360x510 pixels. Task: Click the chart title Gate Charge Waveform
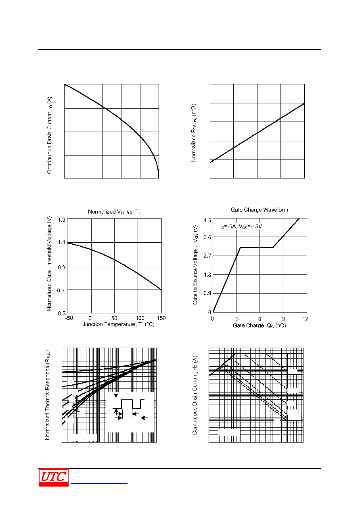click(259, 210)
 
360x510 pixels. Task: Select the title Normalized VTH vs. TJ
click(114, 212)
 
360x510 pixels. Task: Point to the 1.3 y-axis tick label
click(62, 220)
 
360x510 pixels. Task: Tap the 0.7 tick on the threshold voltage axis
click(61, 290)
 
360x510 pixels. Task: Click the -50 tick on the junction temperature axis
click(69, 318)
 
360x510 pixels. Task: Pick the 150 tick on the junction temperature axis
click(161, 318)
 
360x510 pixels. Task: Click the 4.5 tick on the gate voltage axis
click(207, 220)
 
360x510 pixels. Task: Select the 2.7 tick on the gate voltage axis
click(207, 256)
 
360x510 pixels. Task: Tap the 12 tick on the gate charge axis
click(305, 319)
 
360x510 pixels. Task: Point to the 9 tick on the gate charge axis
click(284, 319)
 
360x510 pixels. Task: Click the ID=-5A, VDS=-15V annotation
click(241, 227)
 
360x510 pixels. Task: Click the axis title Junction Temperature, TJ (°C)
click(118, 324)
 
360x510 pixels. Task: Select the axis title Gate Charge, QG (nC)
click(259, 325)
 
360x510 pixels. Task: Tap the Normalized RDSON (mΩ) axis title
click(194, 133)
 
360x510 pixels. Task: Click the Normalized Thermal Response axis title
click(48, 395)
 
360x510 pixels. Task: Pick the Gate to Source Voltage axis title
click(195, 265)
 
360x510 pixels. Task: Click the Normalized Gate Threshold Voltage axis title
click(49, 263)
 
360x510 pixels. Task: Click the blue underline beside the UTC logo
click(99, 483)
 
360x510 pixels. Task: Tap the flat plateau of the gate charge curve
click(257, 247)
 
